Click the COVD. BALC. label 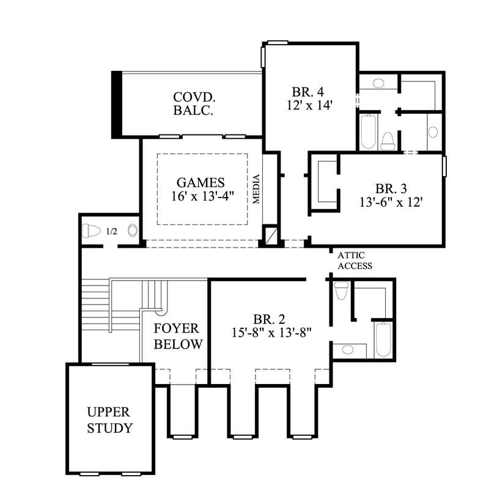coord(193,104)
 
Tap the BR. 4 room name coord(307,92)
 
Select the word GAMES coord(201,182)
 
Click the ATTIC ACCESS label coord(355,261)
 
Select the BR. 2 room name coord(270,319)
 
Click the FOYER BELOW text coord(178,336)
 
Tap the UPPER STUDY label coord(109,419)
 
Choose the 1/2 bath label coord(111,231)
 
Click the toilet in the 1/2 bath coord(91,231)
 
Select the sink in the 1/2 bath coord(133,231)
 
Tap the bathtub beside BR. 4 coord(368,132)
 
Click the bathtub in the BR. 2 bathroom coord(383,339)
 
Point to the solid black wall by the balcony coord(116,104)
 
